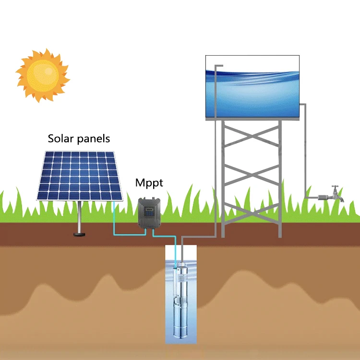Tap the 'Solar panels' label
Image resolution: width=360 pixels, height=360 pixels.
(79, 139)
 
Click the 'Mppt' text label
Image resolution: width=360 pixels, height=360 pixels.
(149, 183)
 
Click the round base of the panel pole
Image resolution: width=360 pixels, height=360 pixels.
(78, 234)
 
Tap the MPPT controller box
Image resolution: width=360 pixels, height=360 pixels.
(149, 212)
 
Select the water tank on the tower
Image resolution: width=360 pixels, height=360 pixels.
(252, 86)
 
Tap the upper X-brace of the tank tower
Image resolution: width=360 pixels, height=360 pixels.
(252, 144)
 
